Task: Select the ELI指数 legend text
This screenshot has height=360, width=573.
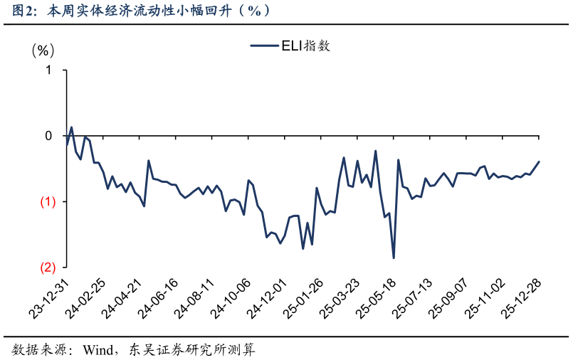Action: (x=305, y=46)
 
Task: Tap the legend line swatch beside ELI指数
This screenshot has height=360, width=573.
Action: (x=264, y=46)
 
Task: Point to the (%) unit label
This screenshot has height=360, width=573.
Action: (x=43, y=51)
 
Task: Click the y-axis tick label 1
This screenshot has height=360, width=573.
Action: (x=48, y=70)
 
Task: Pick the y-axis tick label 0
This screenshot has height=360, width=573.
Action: (x=48, y=136)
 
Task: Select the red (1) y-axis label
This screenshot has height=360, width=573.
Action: (x=46, y=202)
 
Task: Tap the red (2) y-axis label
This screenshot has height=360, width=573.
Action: (x=46, y=268)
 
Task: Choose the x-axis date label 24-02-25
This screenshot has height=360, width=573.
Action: (x=88, y=297)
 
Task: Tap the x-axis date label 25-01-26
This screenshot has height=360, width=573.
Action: (x=305, y=297)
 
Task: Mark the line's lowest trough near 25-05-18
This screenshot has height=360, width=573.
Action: (x=394, y=258)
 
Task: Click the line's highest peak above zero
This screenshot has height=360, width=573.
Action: (x=71, y=127)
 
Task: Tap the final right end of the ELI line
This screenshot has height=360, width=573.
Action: (x=539, y=162)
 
